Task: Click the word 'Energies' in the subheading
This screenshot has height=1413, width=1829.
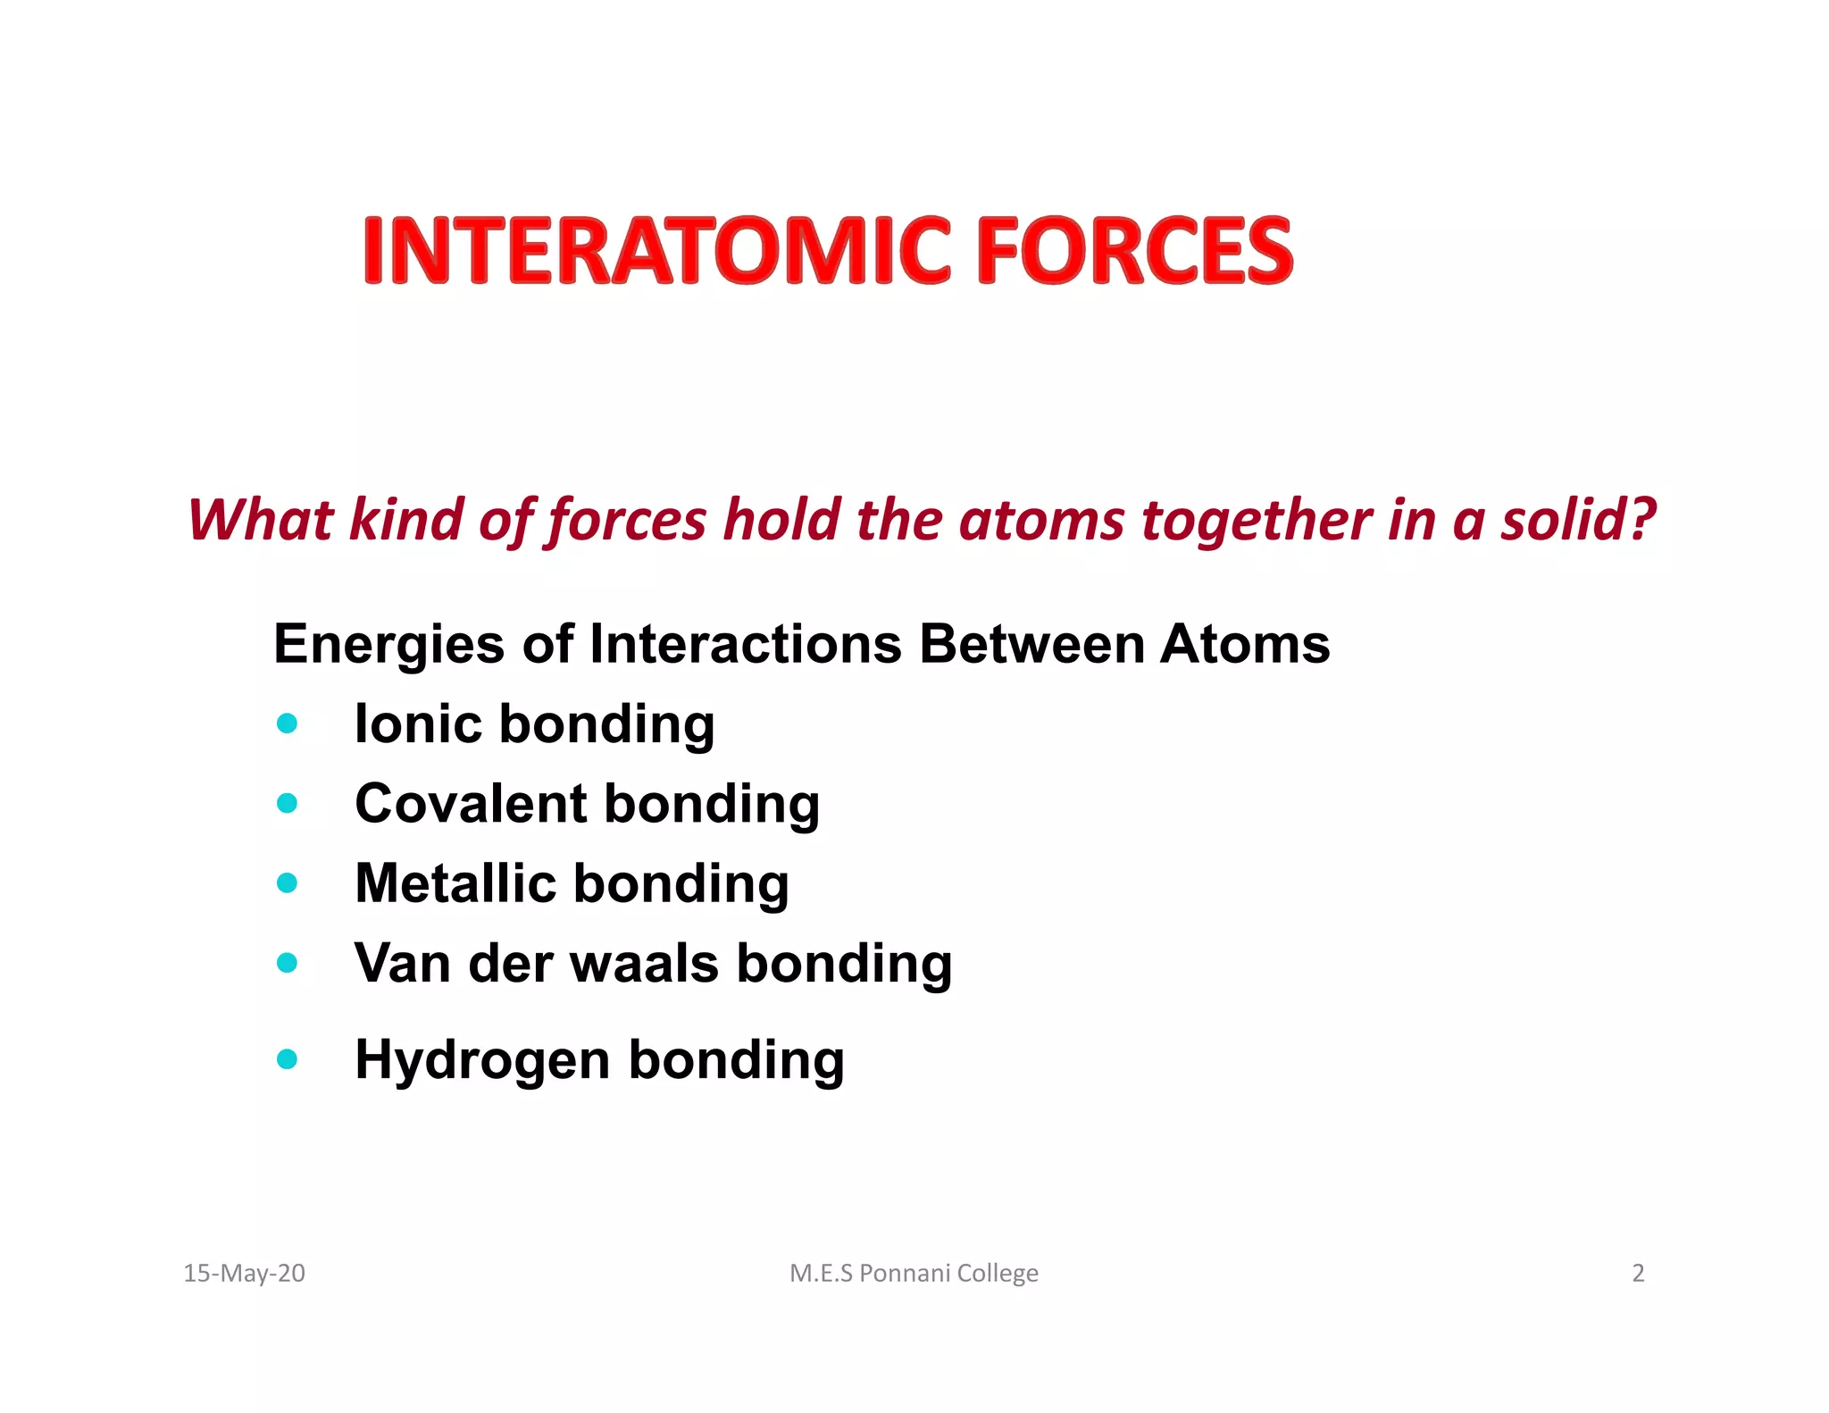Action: pos(388,645)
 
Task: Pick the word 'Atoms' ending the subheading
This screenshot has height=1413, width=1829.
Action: pos(1244,644)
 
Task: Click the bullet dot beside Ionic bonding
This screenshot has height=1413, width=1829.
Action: pos(287,723)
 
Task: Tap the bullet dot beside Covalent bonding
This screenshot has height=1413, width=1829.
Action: pos(287,804)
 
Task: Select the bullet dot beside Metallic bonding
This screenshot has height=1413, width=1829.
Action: pos(287,883)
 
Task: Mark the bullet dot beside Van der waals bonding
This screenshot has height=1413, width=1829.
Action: pos(287,963)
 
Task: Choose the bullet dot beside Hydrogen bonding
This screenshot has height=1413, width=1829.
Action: pos(287,1059)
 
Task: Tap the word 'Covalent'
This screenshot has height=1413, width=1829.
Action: pos(471,804)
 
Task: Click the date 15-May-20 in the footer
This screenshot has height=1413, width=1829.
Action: pos(244,1273)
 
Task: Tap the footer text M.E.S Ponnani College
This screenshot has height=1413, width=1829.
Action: pos(914,1273)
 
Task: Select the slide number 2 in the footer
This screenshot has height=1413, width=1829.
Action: pos(1638,1273)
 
